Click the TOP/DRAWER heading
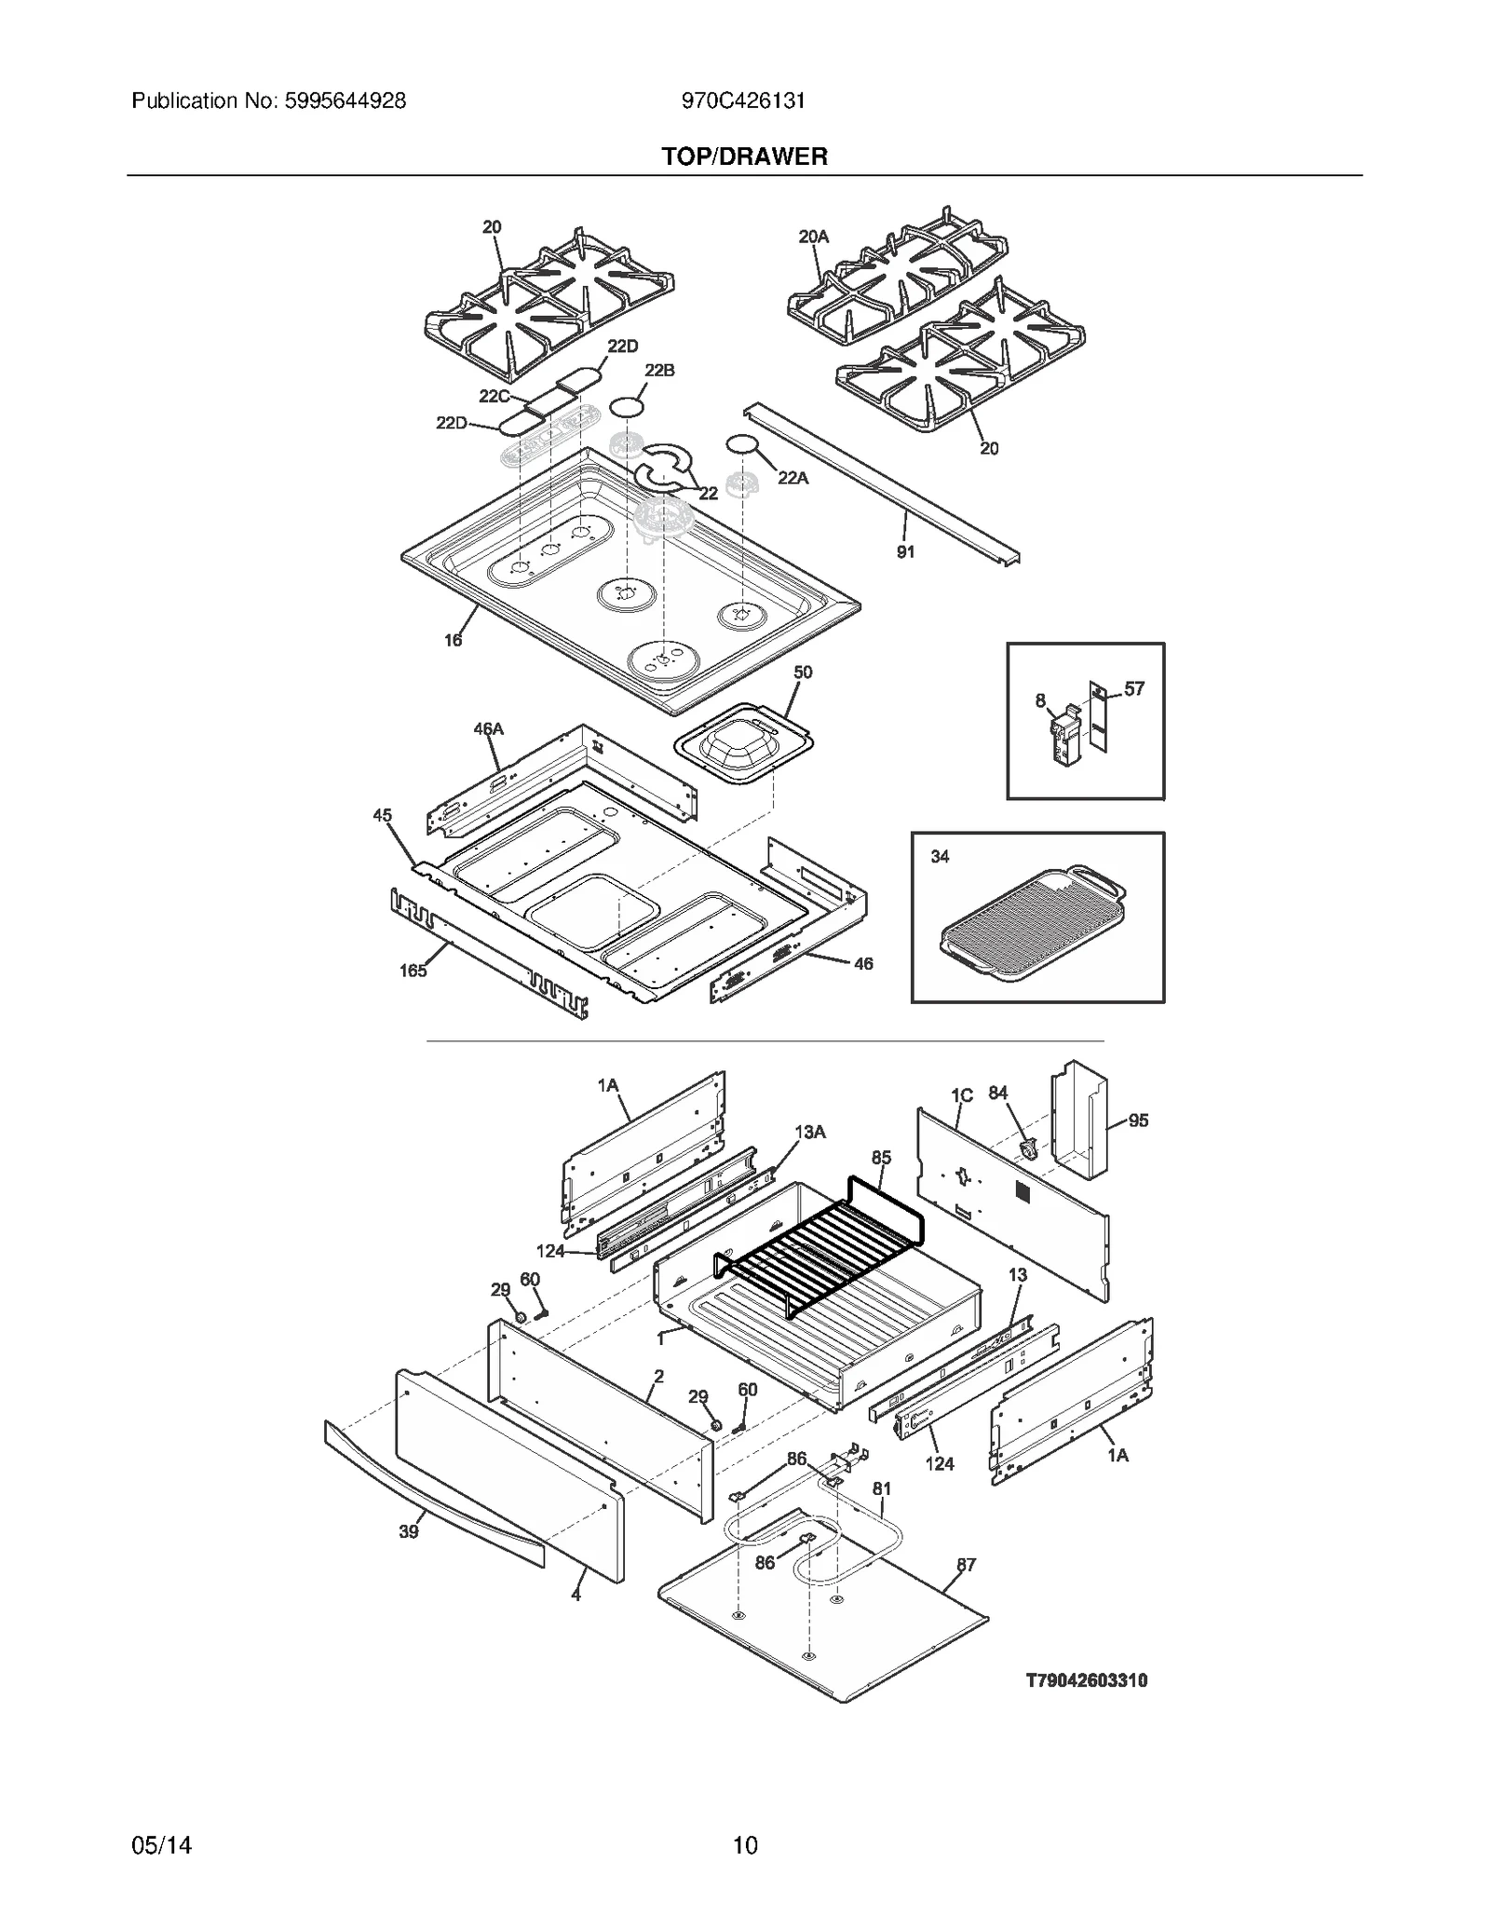click(744, 156)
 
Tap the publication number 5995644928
click(342, 101)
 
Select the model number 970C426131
click(743, 101)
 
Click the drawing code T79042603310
click(1086, 1680)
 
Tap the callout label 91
click(905, 551)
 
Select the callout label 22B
click(659, 371)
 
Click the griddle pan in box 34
click(1034, 926)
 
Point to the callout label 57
click(1133, 688)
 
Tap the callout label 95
click(1138, 1121)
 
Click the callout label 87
click(967, 1565)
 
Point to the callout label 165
click(413, 971)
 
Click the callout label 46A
click(488, 728)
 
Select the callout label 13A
click(809, 1132)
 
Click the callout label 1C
click(962, 1095)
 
